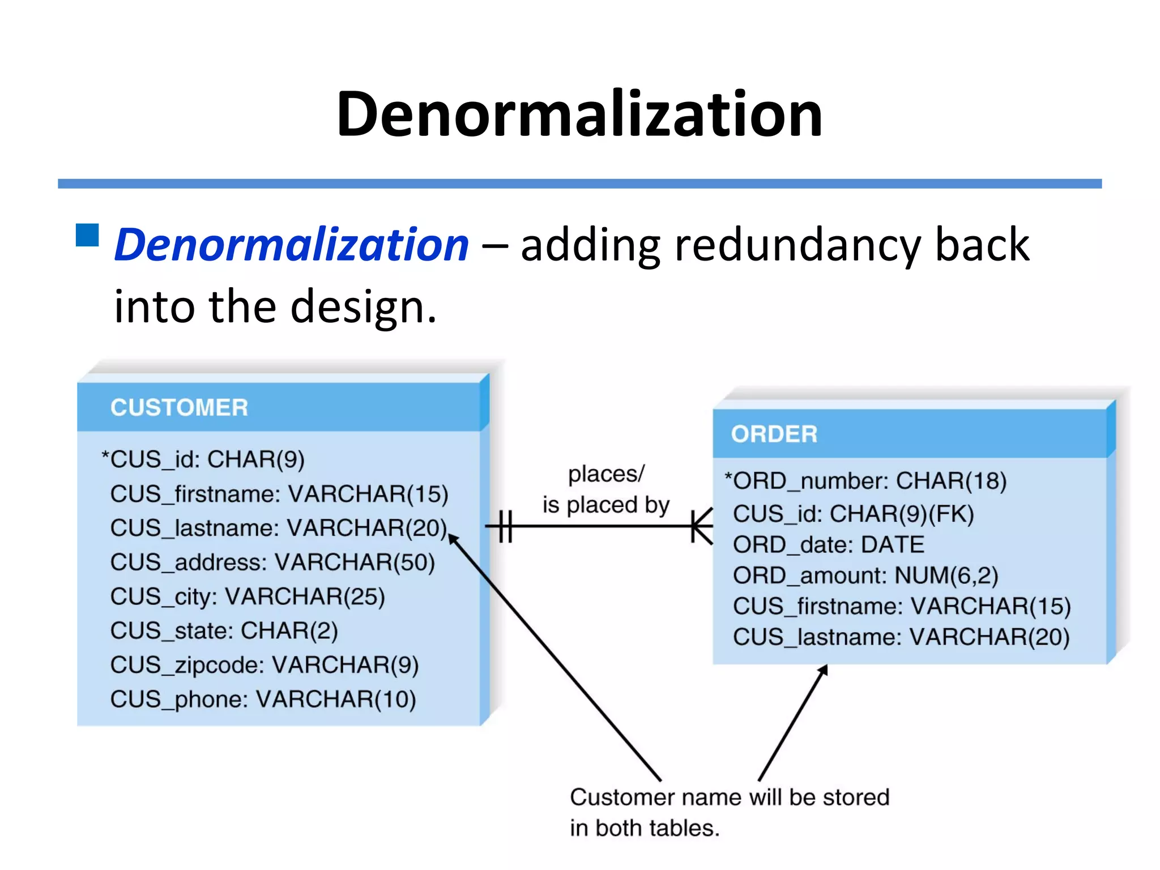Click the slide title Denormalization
point(579,114)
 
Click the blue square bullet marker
point(87,235)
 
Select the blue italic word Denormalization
point(292,245)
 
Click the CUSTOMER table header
point(179,407)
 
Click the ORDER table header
point(774,434)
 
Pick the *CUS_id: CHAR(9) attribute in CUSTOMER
point(203,459)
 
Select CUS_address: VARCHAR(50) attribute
point(272,562)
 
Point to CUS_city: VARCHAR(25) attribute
point(248,597)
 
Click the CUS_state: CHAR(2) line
point(224,631)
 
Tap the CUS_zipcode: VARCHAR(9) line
point(265,666)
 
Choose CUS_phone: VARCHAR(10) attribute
point(263,700)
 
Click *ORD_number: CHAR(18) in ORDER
point(865,481)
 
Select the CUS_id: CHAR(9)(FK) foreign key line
point(853,514)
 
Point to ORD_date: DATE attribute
point(828,545)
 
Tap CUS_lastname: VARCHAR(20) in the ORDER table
point(901,637)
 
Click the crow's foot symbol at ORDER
point(702,526)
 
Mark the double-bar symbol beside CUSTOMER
point(506,526)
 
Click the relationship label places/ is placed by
point(605,489)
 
